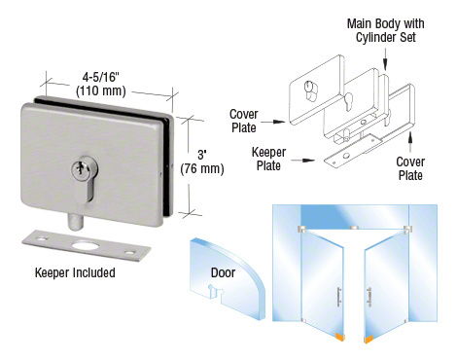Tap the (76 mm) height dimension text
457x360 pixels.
click(203, 168)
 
